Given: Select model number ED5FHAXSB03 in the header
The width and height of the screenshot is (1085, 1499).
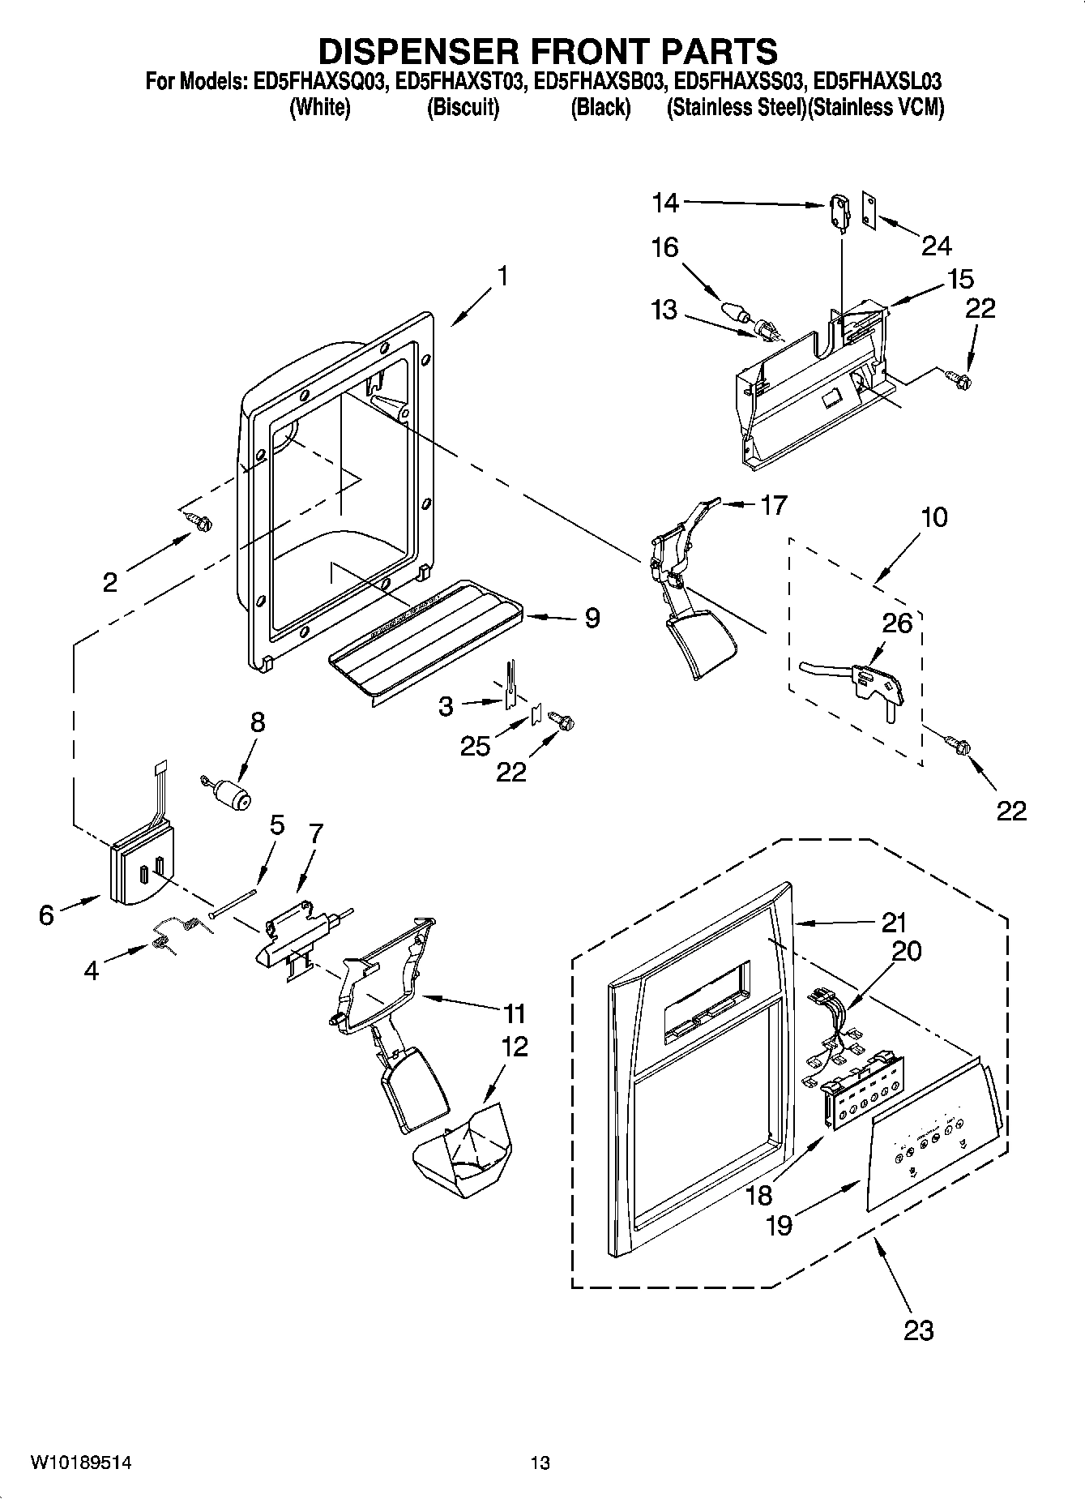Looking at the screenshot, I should pos(600,82).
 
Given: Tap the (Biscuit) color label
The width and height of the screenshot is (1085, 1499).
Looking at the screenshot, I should pos(463,108).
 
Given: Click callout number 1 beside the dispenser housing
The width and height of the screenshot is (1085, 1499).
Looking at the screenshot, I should pos(503,276).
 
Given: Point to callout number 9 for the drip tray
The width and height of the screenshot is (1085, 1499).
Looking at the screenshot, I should pos(592,618).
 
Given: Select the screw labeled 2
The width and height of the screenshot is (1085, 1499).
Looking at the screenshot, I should pos(199,523).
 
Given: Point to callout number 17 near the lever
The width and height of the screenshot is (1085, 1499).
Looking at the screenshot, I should pos(774,505).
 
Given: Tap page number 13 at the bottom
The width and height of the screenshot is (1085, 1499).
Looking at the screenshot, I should pos(540,1463).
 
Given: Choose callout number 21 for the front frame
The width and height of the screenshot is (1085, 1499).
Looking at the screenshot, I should pos(894,923).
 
